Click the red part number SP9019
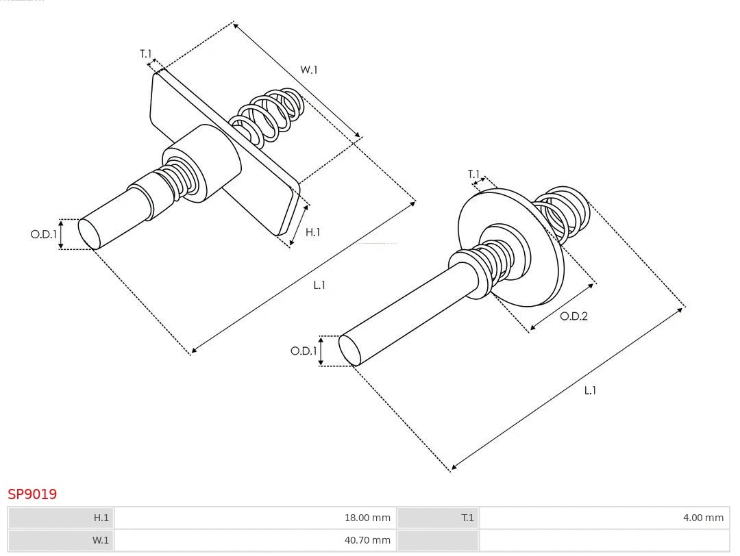[x=32, y=494]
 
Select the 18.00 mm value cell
[x=367, y=518]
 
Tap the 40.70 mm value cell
[x=367, y=540]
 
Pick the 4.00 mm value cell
[x=702, y=518]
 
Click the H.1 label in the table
[x=101, y=518]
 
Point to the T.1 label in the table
[x=467, y=518]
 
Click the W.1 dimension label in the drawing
[x=309, y=69]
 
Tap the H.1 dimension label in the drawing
[x=312, y=232]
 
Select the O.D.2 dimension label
[x=573, y=316]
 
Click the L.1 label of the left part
[x=319, y=285]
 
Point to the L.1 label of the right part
[x=590, y=390]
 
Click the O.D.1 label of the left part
[x=43, y=234]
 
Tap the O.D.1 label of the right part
[x=304, y=351]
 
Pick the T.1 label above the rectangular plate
[x=146, y=53]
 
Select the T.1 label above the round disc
[x=473, y=174]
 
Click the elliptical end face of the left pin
[x=89, y=233]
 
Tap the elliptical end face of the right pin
[x=350, y=350]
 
